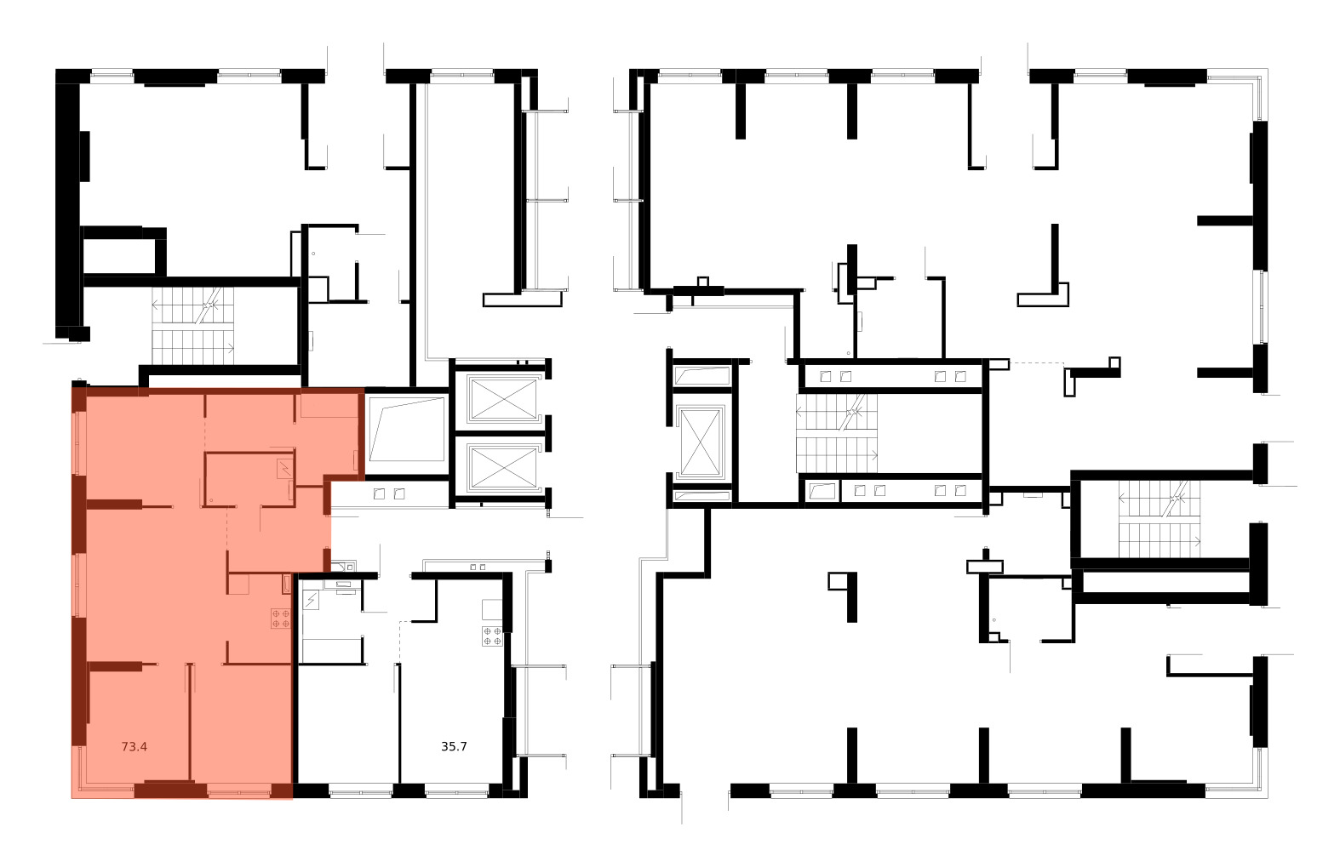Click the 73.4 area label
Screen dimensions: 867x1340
point(135,747)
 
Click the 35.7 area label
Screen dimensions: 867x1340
point(454,747)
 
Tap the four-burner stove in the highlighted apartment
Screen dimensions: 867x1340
point(281,619)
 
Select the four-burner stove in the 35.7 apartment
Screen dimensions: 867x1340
point(492,636)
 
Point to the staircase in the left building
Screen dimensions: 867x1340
point(192,326)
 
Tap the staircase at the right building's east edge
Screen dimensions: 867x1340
point(1158,518)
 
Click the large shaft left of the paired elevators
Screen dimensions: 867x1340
point(407,430)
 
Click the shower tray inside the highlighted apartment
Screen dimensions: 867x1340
point(284,467)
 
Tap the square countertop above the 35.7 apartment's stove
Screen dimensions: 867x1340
point(492,609)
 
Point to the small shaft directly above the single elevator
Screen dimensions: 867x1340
point(701,374)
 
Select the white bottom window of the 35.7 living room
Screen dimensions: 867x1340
point(455,793)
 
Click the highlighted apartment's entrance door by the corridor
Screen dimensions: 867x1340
point(327,528)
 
